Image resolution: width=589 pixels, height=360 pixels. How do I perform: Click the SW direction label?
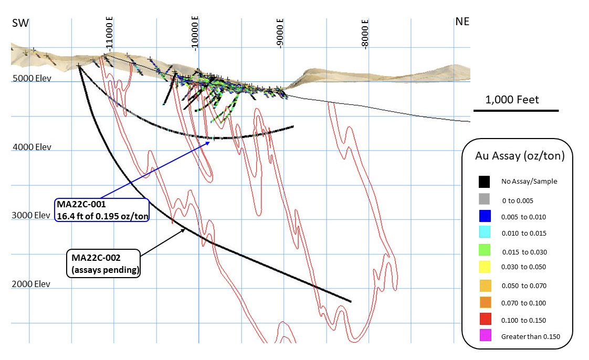pyautogui.click(x=20, y=23)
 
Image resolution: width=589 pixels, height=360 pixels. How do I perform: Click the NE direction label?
pyautogui.click(x=462, y=22)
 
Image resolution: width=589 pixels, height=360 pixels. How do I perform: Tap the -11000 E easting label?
pyautogui.click(x=110, y=33)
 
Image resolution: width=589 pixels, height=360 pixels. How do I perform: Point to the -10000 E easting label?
pyautogui.click(x=195, y=33)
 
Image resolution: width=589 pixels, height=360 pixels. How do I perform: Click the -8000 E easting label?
pyautogui.click(x=365, y=33)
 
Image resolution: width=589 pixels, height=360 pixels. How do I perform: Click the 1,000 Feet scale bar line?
pyautogui.click(x=516, y=111)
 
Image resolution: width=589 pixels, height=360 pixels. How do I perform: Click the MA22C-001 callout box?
pyautogui.click(x=101, y=210)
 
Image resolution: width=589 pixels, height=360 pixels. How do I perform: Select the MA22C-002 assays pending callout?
pyautogui.click(x=103, y=263)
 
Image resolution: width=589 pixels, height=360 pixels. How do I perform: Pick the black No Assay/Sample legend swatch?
pyautogui.click(x=485, y=181)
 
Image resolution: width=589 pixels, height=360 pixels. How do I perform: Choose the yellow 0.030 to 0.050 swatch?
pyautogui.click(x=485, y=267)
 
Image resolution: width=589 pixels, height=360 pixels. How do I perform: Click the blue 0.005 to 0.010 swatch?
pyautogui.click(x=485, y=216)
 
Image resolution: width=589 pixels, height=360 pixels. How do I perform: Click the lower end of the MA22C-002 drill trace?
pyautogui.click(x=350, y=301)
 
